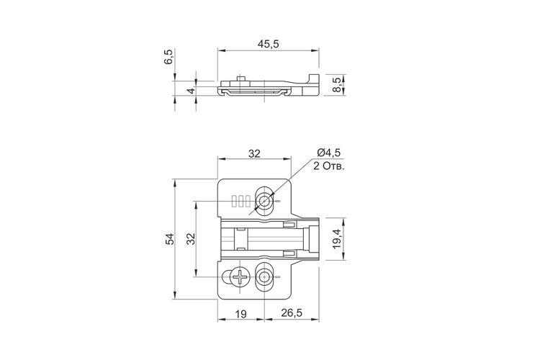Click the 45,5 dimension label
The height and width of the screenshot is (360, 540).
click(268, 44)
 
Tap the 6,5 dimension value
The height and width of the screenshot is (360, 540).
click(168, 57)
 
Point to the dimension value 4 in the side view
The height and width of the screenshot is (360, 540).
click(191, 91)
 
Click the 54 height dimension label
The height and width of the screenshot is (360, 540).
click(169, 239)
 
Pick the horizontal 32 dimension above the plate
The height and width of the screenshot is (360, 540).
click(254, 153)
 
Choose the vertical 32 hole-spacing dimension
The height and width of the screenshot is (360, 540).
click(191, 239)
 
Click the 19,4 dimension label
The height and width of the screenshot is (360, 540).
click(336, 238)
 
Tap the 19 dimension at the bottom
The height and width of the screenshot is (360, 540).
click(240, 314)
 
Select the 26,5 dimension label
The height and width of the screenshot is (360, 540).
click(292, 312)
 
